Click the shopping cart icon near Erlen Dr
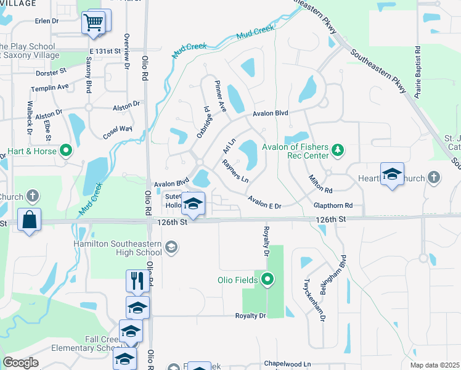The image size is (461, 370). (93, 23)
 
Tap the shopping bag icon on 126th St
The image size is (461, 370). (29, 220)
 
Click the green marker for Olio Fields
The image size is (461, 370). (267, 280)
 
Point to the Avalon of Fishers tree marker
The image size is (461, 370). (337, 150)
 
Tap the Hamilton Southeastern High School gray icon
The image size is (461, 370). (172, 248)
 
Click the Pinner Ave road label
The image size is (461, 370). (221, 96)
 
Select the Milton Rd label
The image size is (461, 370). (320, 183)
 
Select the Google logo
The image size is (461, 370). (21, 363)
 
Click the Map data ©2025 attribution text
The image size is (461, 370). (434, 365)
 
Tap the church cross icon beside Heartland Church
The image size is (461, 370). (433, 178)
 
